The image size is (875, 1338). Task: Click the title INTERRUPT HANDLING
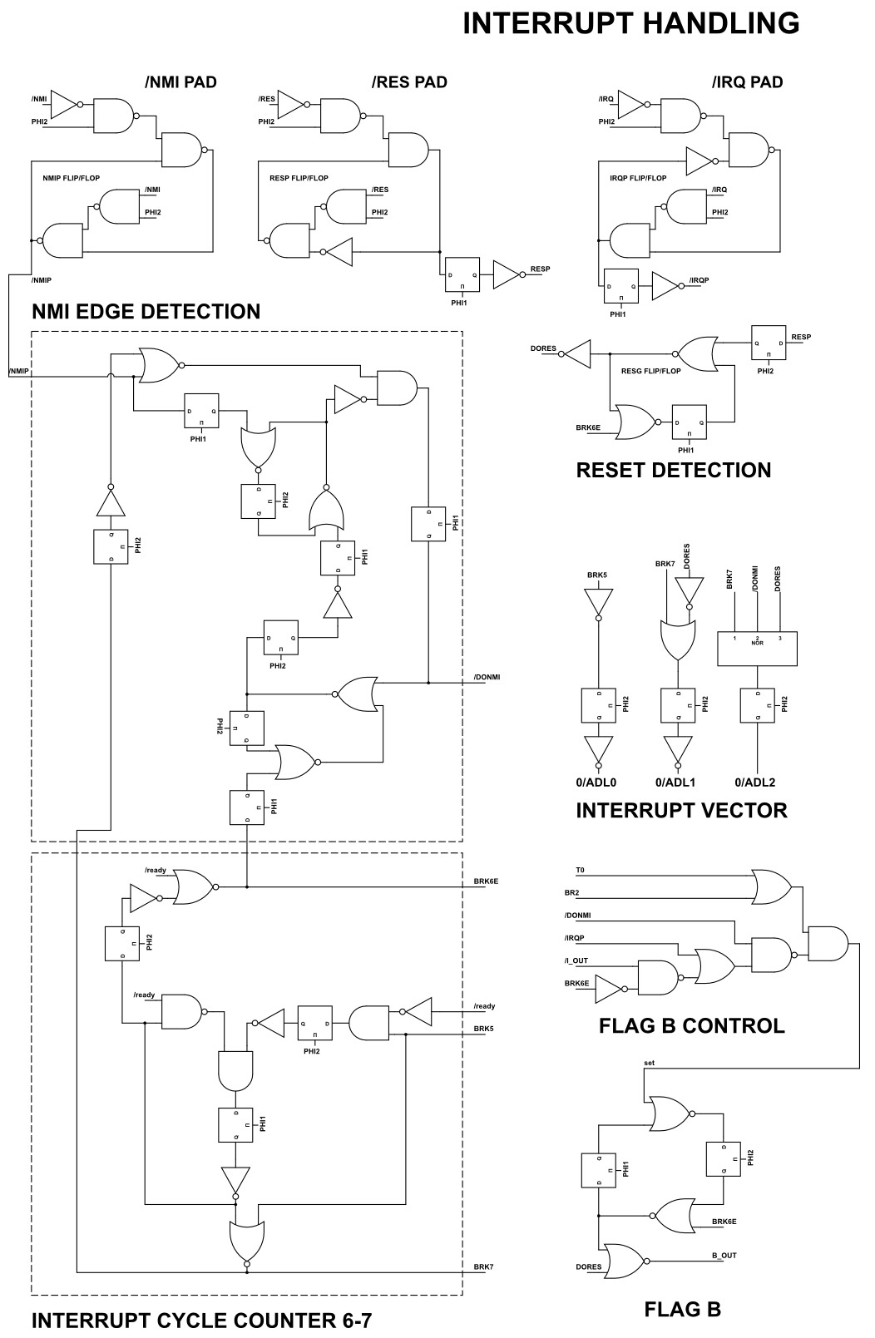click(x=630, y=24)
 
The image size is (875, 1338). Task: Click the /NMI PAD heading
click(x=180, y=82)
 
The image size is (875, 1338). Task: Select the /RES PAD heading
click(x=409, y=82)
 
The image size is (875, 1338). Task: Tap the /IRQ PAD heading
click(x=747, y=82)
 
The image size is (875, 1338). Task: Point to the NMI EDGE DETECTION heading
click(x=146, y=312)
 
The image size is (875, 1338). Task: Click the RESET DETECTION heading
click(x=673, y=470)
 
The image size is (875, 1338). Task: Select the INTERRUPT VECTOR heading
click(x=681, y=810)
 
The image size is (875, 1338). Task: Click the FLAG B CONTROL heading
click(x=691, y=1025)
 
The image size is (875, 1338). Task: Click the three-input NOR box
click(x=757, y=648)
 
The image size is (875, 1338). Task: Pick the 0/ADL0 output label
click(x=596, y=783)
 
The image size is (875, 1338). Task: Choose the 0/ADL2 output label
click(x=755, y=783)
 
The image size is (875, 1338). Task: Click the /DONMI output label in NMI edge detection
click(x=487, y=677)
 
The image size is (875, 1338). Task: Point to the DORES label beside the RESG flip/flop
click(x=543, y=349)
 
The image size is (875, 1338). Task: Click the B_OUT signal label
click(x=724, y=1256)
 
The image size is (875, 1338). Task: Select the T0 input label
click(x=580, y=871)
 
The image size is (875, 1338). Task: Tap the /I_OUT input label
click(x=576, y=961)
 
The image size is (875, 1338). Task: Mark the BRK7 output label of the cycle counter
click(x=484, y=1267)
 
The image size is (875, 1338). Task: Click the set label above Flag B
click(x=649, y=1063)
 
